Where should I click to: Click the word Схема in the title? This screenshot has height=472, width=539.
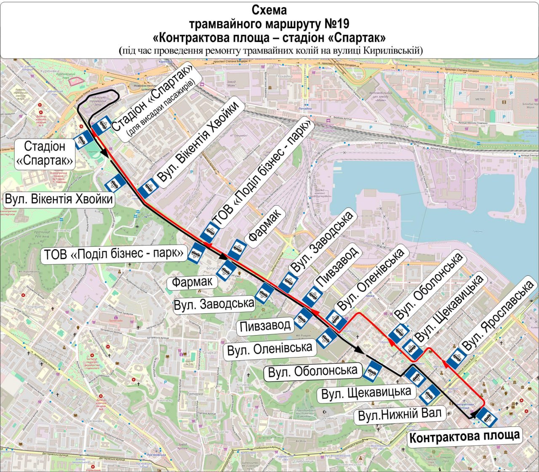pyautogui.click(x=269, y=10)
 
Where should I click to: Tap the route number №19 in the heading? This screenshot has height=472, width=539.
pyautogui.click(x=334, y=24)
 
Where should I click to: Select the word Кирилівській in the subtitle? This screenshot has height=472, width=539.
pyautogui.click(x=392, y=51)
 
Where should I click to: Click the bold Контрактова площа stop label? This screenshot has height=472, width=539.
pyautogui.click(x=464, y=437)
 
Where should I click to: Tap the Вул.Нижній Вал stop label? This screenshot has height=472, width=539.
pyautogui.click(x=400, y=414)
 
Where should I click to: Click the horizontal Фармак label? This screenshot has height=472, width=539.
pyautogui.click(x=192, y=282)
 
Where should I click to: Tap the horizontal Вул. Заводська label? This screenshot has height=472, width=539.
pyautogui.click(x=214, y=304)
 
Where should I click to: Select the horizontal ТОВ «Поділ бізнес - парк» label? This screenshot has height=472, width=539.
pyautogui.click(x=114, y=254)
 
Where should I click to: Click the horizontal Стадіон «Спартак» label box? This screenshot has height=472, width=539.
pyautogui.click(x=45, y=154)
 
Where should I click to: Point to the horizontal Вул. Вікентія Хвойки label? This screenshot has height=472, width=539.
pyautogui.click(x=59, y=199)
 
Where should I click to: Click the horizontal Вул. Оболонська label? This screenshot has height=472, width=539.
pyautogui.click(x=312, y=371)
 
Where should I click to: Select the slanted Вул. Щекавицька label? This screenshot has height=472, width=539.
pyautogui.click(x=449, y=309)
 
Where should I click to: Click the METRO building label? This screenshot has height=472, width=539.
pyautogui.click(x=480, y=99)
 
